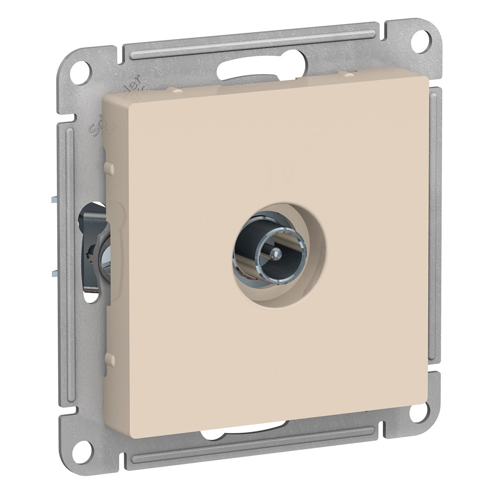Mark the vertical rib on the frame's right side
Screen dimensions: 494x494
[x=435, y=222]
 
